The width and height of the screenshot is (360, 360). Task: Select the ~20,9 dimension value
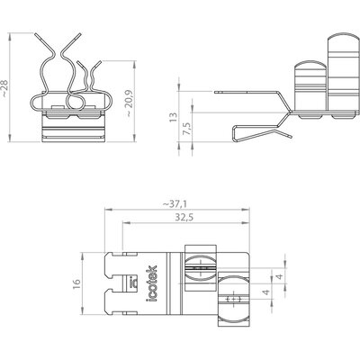coord(129,103)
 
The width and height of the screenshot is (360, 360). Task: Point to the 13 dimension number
coord(173,117)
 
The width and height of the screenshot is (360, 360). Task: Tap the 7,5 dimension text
coord(186,129)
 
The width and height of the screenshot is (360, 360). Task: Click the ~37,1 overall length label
coord(175,204)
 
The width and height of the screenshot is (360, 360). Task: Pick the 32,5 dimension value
coord(184,217)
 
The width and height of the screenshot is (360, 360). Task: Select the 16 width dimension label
coord(76,283)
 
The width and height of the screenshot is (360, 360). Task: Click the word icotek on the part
coord(152,283)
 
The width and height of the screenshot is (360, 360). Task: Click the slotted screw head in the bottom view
coord(201,268)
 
